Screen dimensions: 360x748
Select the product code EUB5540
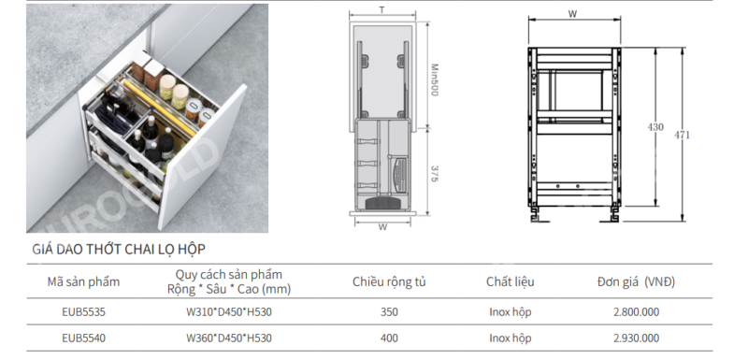(83, 338)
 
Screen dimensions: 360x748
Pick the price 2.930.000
(636, 338)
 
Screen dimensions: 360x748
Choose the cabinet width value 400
(389, 338)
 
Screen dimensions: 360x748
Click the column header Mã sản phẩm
(83, 281)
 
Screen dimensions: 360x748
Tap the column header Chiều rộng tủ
(389, 281)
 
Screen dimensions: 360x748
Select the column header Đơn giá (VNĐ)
(636, 281)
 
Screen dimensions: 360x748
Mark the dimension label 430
(655, 127)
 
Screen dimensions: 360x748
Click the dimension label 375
(436, 173)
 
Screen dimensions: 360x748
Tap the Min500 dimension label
(436, 79)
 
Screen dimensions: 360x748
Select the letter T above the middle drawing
(381, 9)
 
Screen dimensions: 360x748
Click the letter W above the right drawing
(570, 14)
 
